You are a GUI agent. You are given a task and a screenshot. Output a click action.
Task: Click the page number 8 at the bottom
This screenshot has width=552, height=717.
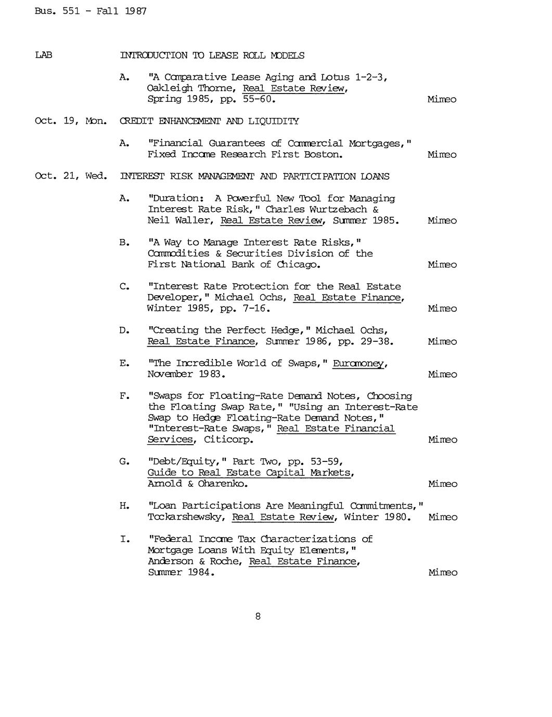tap(258, 617)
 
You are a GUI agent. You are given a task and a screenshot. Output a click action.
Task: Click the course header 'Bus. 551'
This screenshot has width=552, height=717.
tap(57, 11)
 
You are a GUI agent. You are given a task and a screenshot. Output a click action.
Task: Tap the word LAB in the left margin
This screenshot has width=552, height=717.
tap(43, 55)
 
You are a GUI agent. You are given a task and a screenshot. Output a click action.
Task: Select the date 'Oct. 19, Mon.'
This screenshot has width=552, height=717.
tap(71, 121)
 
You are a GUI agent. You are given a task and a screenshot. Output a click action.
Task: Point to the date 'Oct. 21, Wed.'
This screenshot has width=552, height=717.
tap(71, 176)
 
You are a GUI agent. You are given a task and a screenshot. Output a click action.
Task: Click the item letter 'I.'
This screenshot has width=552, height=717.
tap(124, 539)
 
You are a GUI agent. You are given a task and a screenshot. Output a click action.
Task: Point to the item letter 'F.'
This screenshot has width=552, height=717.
tap(124, 396)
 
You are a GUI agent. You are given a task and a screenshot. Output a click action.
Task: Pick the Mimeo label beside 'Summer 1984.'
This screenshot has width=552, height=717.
tap(443, 573)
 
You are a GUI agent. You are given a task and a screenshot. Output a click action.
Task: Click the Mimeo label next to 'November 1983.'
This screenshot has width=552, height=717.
tap(443, 374)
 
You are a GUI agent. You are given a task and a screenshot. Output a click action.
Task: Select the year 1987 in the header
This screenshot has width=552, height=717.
tap(136, 11)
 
